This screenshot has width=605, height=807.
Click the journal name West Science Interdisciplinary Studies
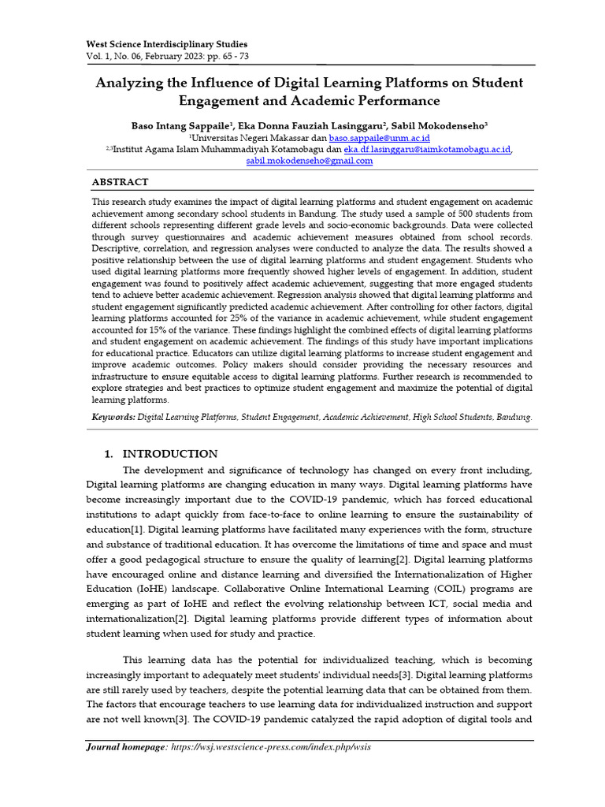tap(166, 44)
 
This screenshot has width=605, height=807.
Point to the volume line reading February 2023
tap(166, 57)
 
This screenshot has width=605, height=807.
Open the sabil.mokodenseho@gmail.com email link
tap(310, 161)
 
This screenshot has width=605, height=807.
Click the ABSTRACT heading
tap(120, 182)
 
